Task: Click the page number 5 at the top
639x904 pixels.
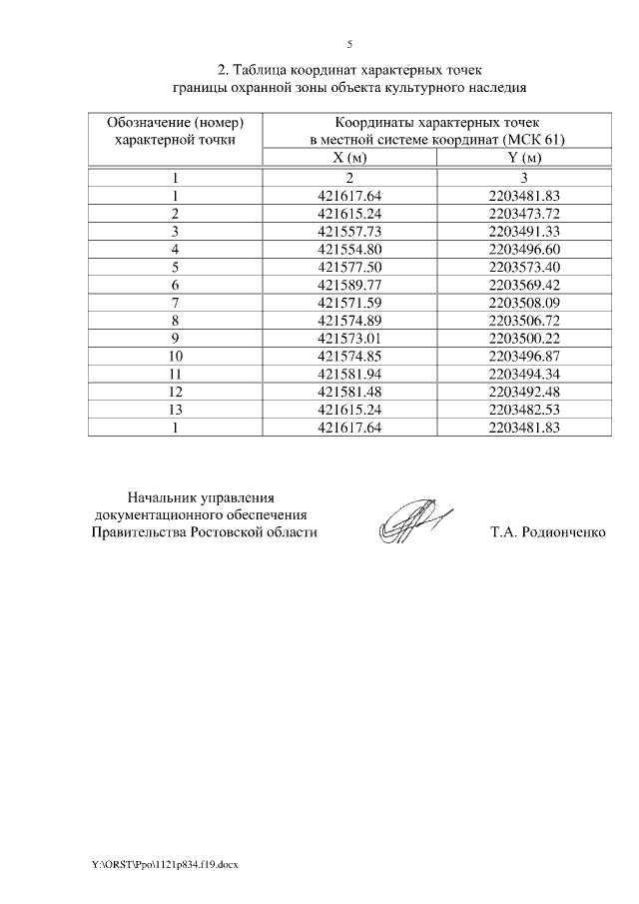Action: tap(349, 45)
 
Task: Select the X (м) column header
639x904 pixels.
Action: tap(349, 158)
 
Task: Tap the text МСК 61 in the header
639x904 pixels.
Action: tap(538, 140)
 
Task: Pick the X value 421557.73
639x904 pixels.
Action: tap(349, 231)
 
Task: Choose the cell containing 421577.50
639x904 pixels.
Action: tap(349, 267)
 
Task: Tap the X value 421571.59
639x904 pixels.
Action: tap(349, 303)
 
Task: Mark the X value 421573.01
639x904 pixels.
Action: tap(349, 338)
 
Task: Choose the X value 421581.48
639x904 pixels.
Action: tap(349, 392)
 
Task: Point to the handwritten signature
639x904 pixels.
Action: tap(411, 520)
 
